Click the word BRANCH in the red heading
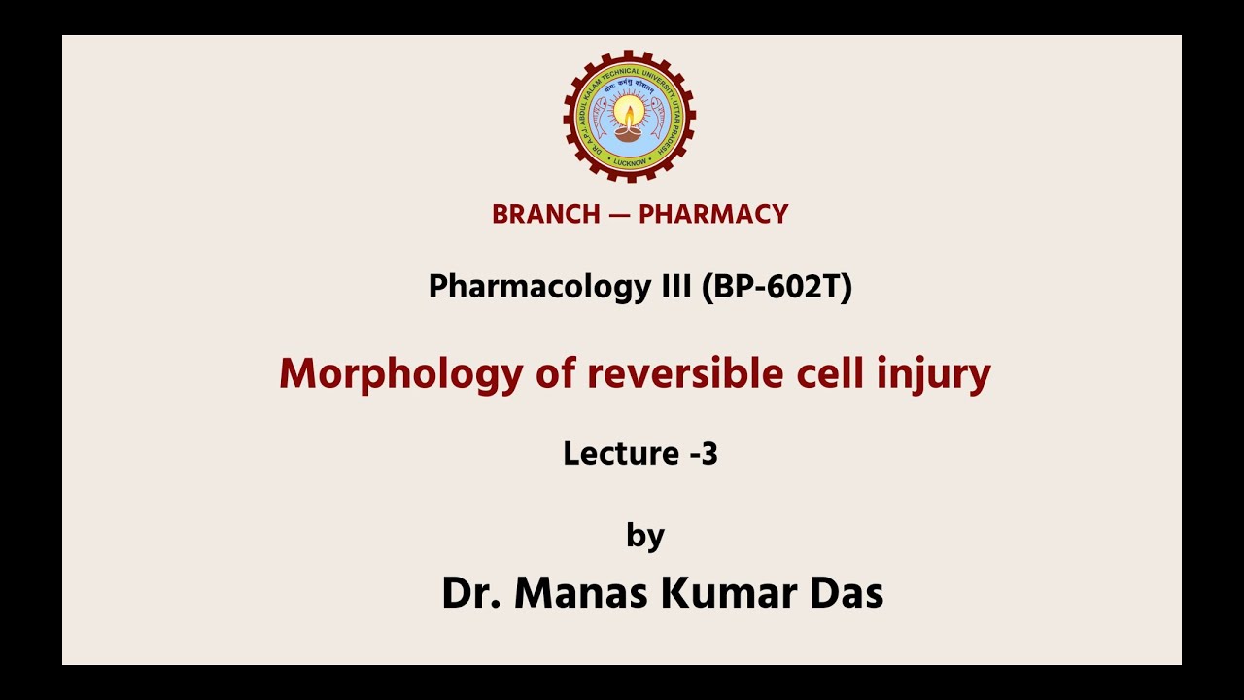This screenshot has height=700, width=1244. (x=546, y=215)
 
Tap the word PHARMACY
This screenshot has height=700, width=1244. (x=713, y=215)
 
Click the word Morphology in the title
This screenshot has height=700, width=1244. (x=400, y=374)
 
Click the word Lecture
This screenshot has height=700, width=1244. (x=621, y=453)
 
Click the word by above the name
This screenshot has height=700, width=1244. (x=644, y=537)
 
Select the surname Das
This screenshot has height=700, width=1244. (x=847, y=593)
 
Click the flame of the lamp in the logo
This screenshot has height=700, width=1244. (x=630, y=115)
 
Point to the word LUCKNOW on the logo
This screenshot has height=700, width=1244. (x=630, y=162)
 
